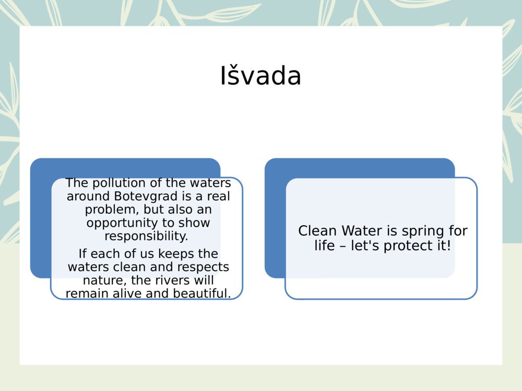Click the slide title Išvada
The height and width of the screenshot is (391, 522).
[x=260, y=76]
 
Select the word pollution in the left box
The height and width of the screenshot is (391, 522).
[x=115, y=183]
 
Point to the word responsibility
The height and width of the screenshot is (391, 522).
[x=146, y=236]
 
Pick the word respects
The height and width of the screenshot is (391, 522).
[x=205, y=267]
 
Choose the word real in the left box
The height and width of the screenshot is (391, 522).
[x=218, y=197]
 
